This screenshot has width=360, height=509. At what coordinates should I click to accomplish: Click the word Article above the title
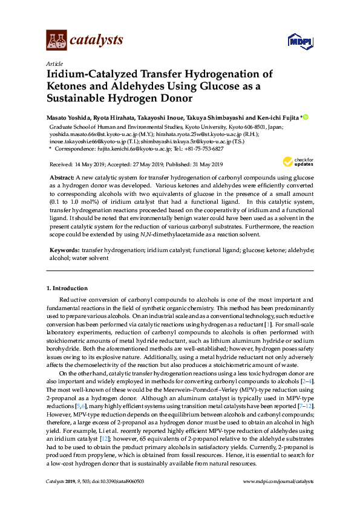pos(54,63)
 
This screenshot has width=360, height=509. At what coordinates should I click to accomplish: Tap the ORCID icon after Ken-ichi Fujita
pos(306,117)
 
